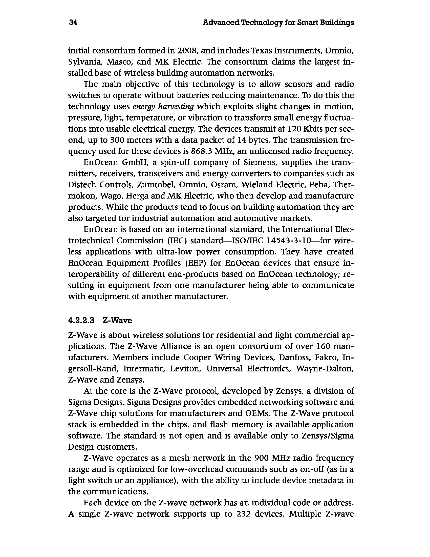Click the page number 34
tap(73, 23)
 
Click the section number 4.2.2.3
tap(81, 321)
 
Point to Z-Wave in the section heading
tap(117, 321)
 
